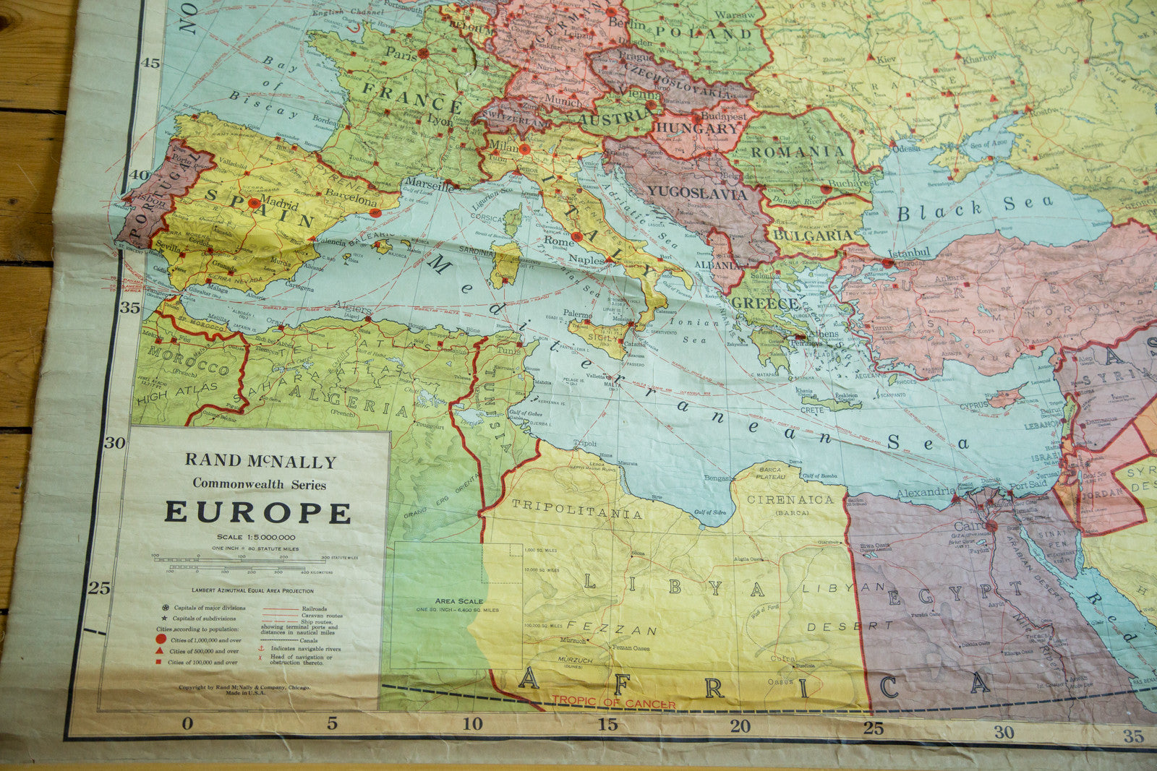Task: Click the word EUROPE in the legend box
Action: pos(258,512)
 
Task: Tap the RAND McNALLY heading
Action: pos(260,461)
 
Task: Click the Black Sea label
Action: pos(975,208)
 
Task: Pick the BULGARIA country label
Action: pos(813,236)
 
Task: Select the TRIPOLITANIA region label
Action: pos(576,509)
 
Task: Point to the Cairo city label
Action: pos(970,526)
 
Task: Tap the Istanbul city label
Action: pos(908,253)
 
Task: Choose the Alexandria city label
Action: pos(926,492)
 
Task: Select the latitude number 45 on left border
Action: pos(150,63)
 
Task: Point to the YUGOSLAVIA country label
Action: pos(696,194)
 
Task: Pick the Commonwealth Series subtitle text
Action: pos(259,485)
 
